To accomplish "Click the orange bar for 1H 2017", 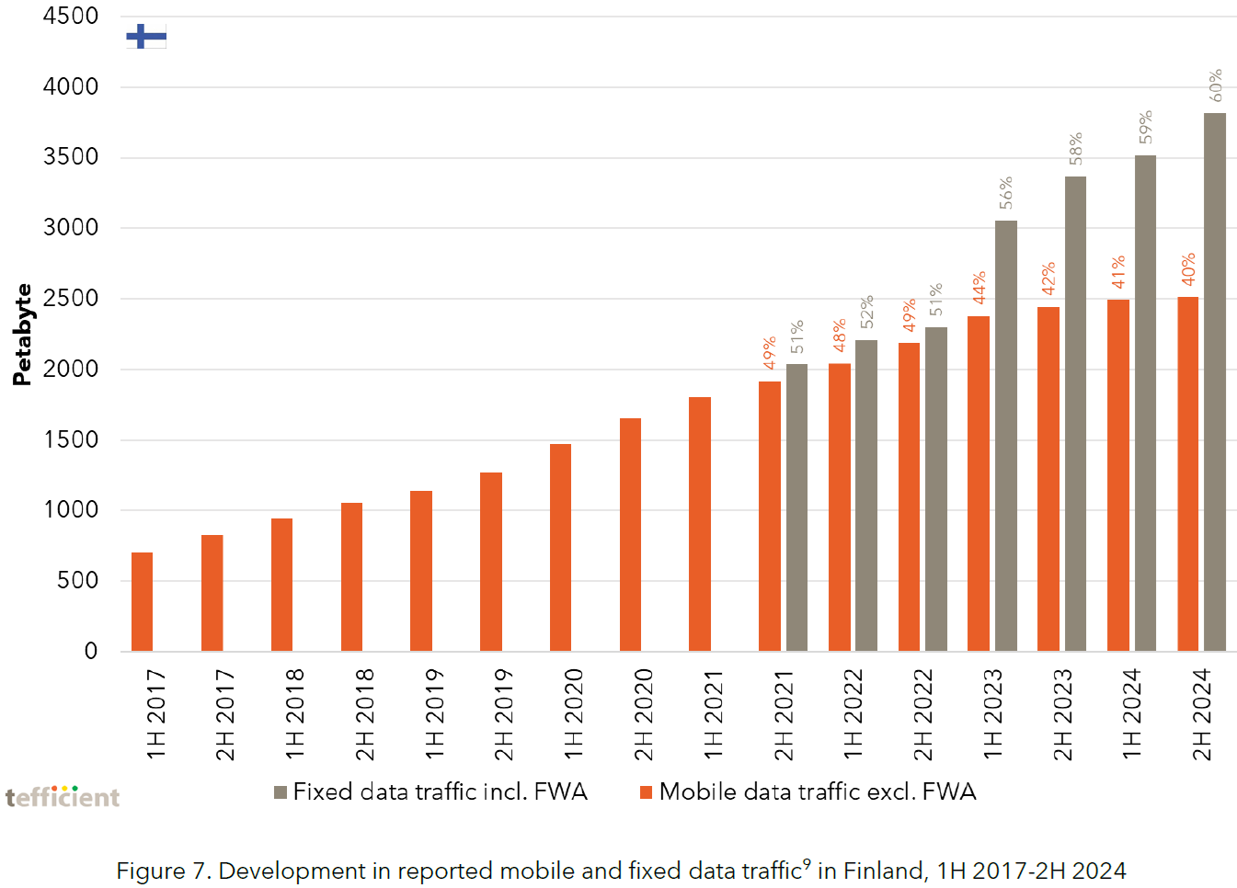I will (x=142, y=602).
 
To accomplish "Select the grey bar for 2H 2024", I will (x=1214, y=381).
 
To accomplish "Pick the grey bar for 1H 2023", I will (x=1005, y=436).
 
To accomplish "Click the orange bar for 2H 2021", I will (x=769, y=516).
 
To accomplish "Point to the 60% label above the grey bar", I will (x=1216, y=85).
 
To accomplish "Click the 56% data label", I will (x=1006, y=192).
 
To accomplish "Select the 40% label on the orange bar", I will (x=1188, y=268).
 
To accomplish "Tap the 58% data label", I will (x=1075, y=149).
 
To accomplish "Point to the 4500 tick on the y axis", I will (x=71, y=17).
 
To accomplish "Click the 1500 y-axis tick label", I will (x=71, y=439).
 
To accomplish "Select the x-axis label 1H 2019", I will (x=434, y=714).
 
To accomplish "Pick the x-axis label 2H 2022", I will (x=922, y=714).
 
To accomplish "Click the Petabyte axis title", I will (x=22, y=335).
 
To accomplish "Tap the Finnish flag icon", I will (x=146, y=37).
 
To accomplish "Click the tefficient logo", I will (x=63, y=796).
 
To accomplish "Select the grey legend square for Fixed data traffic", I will (x=281, y=792).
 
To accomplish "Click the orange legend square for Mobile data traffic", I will (x=646, y=792).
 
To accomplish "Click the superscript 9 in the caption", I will (x=807, y=863).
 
